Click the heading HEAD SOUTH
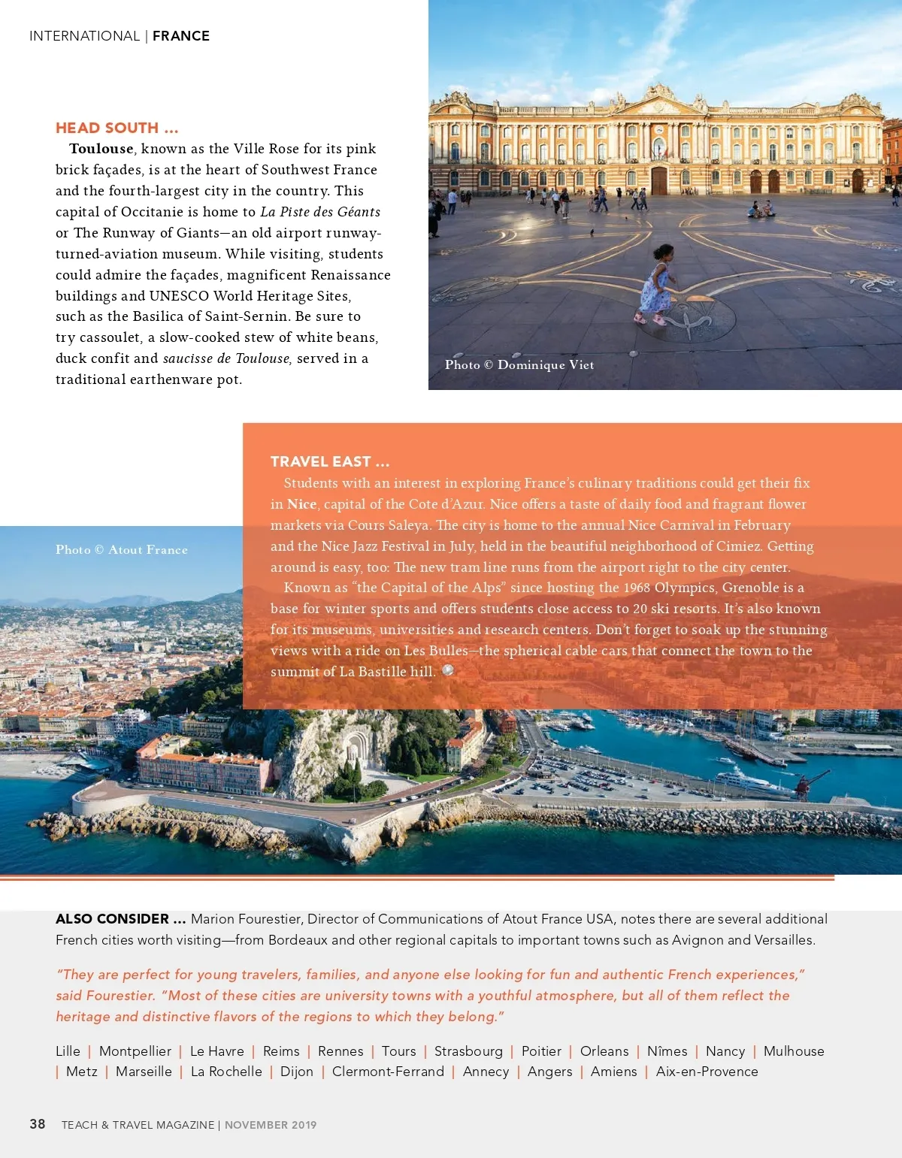(x=117, y=128)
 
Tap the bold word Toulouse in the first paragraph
(x=101, y=149)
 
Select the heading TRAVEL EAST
(x=329, y=461)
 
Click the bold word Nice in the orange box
(x=301, y=504)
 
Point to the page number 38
(x=38, y=1124)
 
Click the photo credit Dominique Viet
(x=545, y=365)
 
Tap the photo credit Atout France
(x=147, y=550)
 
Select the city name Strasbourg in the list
(x=468, y=1051)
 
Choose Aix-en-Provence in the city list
(x=707, y=1072)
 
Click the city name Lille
(x=68, y=1051)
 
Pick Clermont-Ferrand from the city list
(x=388, y=1072)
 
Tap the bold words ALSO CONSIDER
(x=120, y=919)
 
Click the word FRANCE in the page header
(x=181, y=36)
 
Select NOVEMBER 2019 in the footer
(x=271, y=1125)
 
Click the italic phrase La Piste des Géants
(x=320, y=212)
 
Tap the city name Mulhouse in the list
(x=794, y=1051)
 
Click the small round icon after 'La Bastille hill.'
(x=448, y=670)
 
